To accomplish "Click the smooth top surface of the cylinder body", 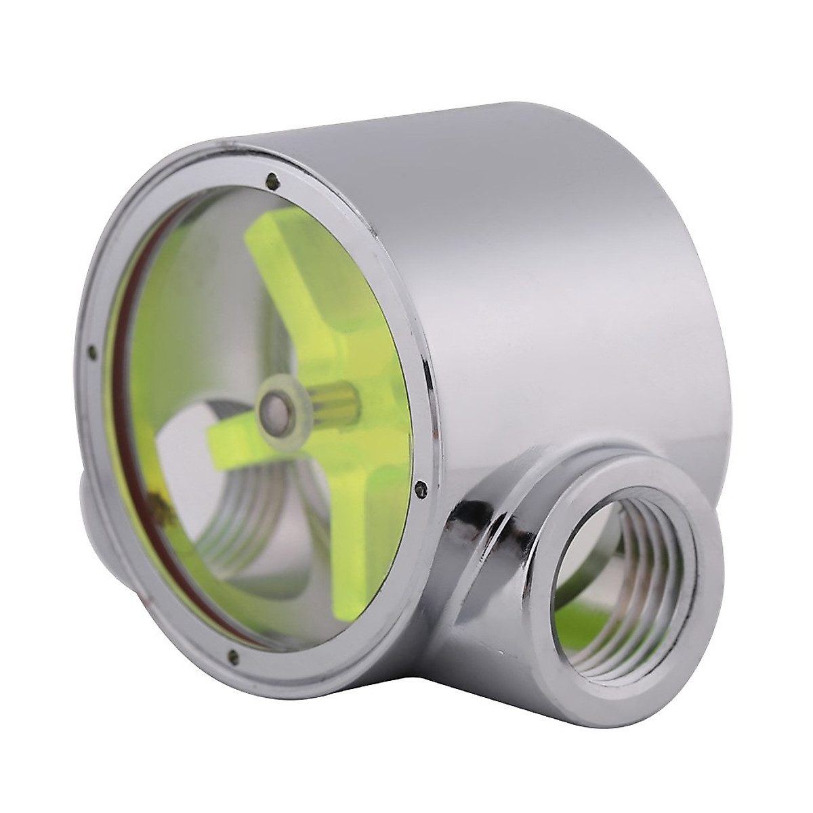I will click(542, 203).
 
